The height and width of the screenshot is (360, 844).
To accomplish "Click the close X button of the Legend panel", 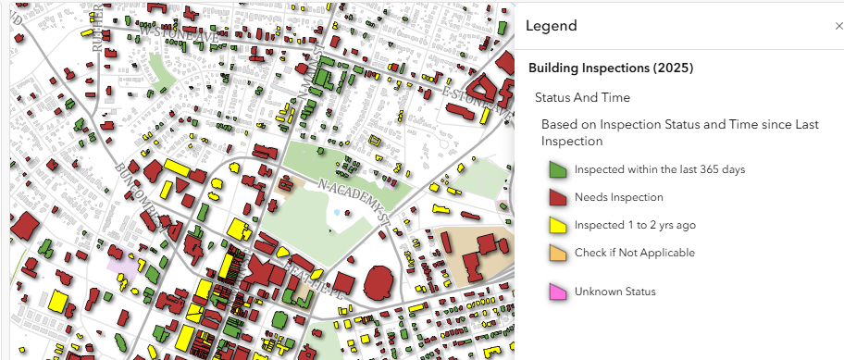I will click(838, 27).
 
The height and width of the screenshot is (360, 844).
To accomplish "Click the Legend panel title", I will click(552, 26).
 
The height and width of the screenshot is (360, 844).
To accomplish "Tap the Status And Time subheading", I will click(582, 98).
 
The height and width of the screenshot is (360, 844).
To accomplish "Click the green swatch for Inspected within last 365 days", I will click(558, 170).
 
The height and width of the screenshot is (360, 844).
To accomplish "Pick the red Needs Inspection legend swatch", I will click(558, 197).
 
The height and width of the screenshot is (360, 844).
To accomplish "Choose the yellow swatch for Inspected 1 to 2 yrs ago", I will click(558, 225).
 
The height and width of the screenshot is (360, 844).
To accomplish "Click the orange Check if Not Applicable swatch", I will click(558, 253).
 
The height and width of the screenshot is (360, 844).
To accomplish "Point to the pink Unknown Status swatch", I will click(558, 292).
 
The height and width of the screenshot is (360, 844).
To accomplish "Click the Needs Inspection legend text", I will click(605, 197).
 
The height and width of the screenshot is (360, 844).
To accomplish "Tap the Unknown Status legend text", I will click(614, 292).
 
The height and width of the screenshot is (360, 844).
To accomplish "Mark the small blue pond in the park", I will click(336, 212).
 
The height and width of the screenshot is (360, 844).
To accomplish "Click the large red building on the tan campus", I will click(485, 249).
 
